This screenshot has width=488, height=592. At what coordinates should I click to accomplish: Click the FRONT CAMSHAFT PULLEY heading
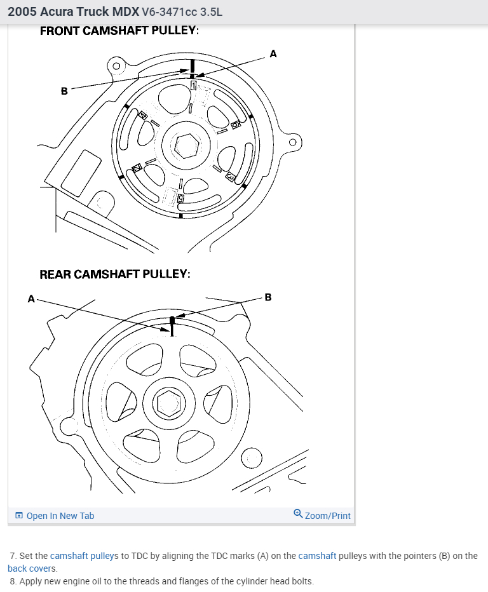pyautogui.click(x=119, y=30)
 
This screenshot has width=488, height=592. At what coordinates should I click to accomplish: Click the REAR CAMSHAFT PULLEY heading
pyautogui.click(x=115, y=274)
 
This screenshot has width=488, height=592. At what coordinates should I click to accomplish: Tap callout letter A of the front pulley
pyautogui.click(x=273, y=54)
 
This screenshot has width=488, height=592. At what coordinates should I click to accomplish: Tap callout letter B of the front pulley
pyautogui.click(x=64, y=91)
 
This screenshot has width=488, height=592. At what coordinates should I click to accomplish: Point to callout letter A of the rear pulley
pyautogui.click(x=30, y=298)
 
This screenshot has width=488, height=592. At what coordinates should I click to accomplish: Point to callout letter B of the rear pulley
pyautogui.click(x=268, y=297)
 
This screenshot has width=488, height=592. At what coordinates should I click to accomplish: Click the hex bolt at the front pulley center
pyautogui.click(x=186, y=145)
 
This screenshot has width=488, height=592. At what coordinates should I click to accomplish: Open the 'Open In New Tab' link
pyautogui.click(x=60, y=516)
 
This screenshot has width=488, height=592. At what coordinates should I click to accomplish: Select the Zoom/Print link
pyautogui.click(x=327, y=516)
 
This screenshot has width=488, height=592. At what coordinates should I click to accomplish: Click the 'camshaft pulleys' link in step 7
pyautogui.click(x=85, y=556)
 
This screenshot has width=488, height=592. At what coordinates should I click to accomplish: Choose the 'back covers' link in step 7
pyautogui.click(x=32, y=568)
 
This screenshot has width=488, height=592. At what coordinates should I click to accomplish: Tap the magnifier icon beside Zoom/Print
pyautogui.click(x=298, y=514)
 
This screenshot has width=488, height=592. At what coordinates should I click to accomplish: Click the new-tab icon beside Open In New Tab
pyautogui.click(x=19, y=516)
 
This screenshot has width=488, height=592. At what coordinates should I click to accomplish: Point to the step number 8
pyautogui.click(x=13, y=581)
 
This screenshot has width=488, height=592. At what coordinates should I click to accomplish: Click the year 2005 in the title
pyautogui.click(x=21, y=12)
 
